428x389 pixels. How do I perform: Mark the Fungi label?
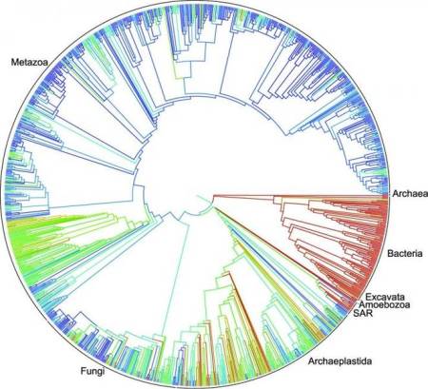pos(88,361)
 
